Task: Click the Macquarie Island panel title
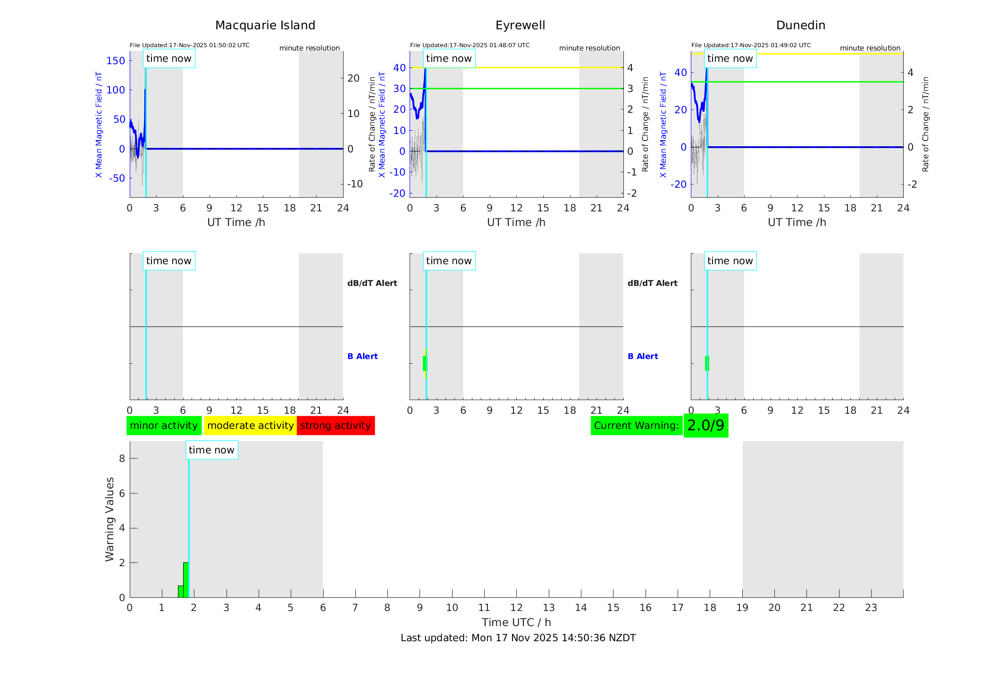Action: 265,25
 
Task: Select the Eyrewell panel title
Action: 520,25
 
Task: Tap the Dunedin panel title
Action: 800,25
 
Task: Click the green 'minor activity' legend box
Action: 164,426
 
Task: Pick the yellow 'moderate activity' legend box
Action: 250,426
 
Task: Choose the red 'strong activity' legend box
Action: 336,426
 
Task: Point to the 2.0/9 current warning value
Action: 705,426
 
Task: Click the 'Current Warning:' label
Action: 636,426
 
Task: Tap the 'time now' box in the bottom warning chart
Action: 211,450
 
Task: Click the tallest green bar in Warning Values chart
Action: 186,580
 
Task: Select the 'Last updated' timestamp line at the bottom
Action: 518,638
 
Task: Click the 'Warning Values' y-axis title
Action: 110,519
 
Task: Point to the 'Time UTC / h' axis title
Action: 516,622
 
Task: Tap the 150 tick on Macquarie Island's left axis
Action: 116,61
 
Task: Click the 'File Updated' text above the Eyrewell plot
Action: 470,45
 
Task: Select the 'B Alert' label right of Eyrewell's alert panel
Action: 643,356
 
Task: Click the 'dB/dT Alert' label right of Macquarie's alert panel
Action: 372,283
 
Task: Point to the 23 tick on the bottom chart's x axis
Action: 871,608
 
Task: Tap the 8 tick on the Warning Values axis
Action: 122,459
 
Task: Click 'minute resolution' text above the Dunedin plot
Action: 870,48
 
